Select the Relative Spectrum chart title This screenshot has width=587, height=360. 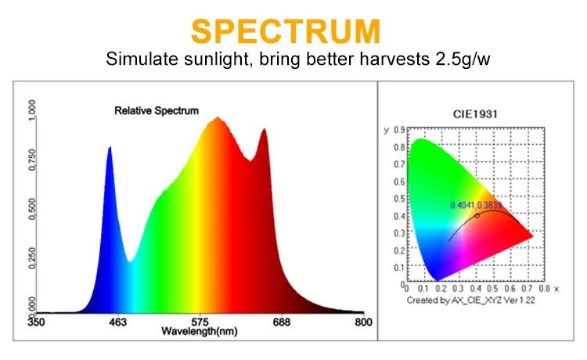pyautogui.click(x=157, y=111)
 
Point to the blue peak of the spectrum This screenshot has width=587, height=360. pyautogui.click(x=110, y=148)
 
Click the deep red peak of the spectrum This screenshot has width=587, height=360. pyautogui.click(x=264, y=131)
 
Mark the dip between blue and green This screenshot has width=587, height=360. pyautogui.click(x=131, y=261)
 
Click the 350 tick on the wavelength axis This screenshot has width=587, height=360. pyautogui.click(x=35, y=322)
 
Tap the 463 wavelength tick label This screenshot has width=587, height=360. pyautogui.click(x=116, y=322)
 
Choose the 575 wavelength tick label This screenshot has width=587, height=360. pyautogui.click(x=200, y=322)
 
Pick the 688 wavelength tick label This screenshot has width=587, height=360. pyautogui.click(x=281, y=322)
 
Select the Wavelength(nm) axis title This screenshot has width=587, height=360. pyautogui.click(x=199, y=331)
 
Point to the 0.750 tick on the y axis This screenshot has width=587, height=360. pyautogui.click(x=32, y=160)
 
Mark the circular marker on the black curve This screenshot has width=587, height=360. pyautogui.click(x=477, y=215)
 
